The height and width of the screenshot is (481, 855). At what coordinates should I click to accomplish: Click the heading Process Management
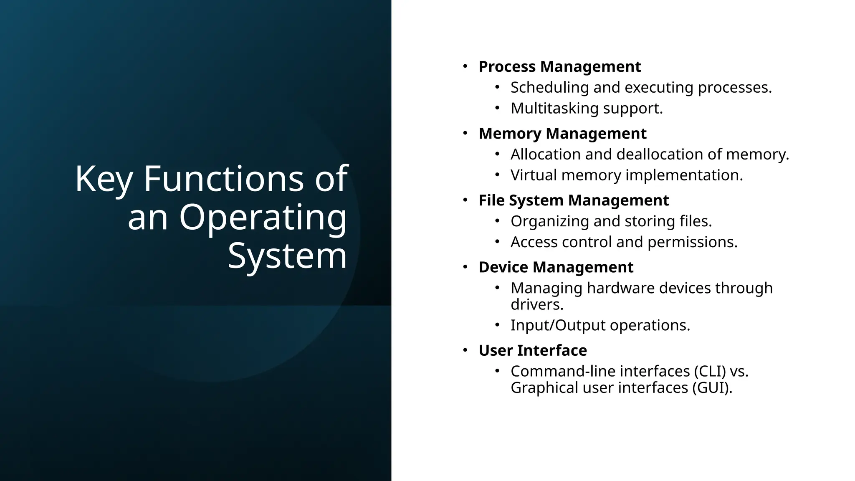559,67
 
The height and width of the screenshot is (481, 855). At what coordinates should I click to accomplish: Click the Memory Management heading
562,134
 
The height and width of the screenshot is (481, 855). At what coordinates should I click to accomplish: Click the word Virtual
534,175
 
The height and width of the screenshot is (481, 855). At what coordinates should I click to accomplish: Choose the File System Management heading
574,200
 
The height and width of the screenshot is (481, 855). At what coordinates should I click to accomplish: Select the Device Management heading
556,267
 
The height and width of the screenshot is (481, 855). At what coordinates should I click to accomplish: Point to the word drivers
536,304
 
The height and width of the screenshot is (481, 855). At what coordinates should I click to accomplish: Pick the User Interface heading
533,350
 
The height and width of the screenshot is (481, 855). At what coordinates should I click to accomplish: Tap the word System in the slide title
287,256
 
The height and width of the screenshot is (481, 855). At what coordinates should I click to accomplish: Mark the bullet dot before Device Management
465,266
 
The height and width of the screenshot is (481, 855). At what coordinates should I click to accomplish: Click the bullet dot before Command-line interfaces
497,371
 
